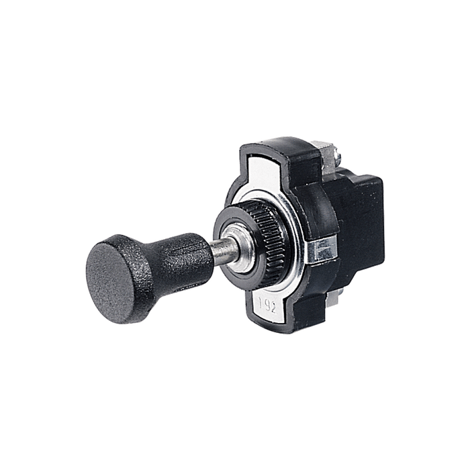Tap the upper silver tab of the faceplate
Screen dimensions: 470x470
point(269,169)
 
